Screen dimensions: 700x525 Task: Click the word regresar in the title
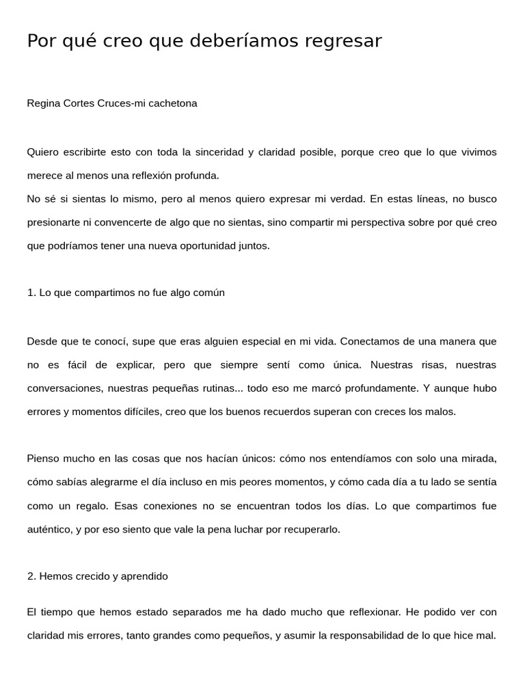coord(339,42)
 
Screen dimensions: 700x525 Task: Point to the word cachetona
coord(174,103)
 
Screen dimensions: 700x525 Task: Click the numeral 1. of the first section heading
coord(31,293)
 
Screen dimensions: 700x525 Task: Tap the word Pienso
coord(43,458)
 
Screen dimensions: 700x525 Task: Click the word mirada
coord(478,458)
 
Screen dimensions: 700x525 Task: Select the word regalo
coord(93,506)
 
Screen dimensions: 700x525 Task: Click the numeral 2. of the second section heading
coord(31,576)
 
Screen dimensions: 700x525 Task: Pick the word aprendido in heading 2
coord(144,576)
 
